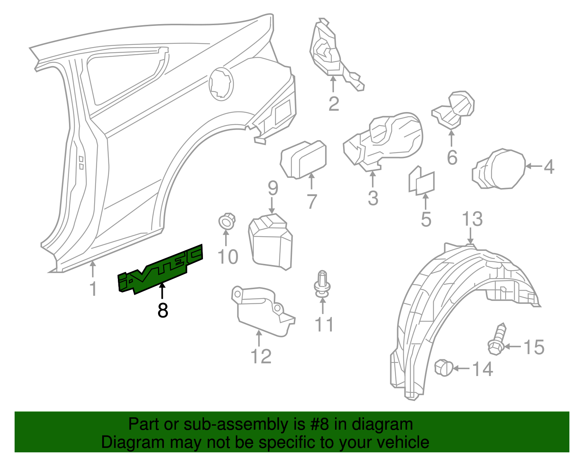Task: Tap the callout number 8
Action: pos(163,311)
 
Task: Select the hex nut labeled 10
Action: pos(227,221)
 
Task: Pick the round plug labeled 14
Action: pos(444,367)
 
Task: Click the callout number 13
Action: pos(472,219)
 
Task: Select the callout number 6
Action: pos(452,158)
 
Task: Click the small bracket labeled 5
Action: pos(422,181)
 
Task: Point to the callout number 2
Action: pos(334,104)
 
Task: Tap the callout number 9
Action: pos(273,188)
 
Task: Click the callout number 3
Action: pos(373,198)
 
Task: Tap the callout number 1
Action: pos(93,289)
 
